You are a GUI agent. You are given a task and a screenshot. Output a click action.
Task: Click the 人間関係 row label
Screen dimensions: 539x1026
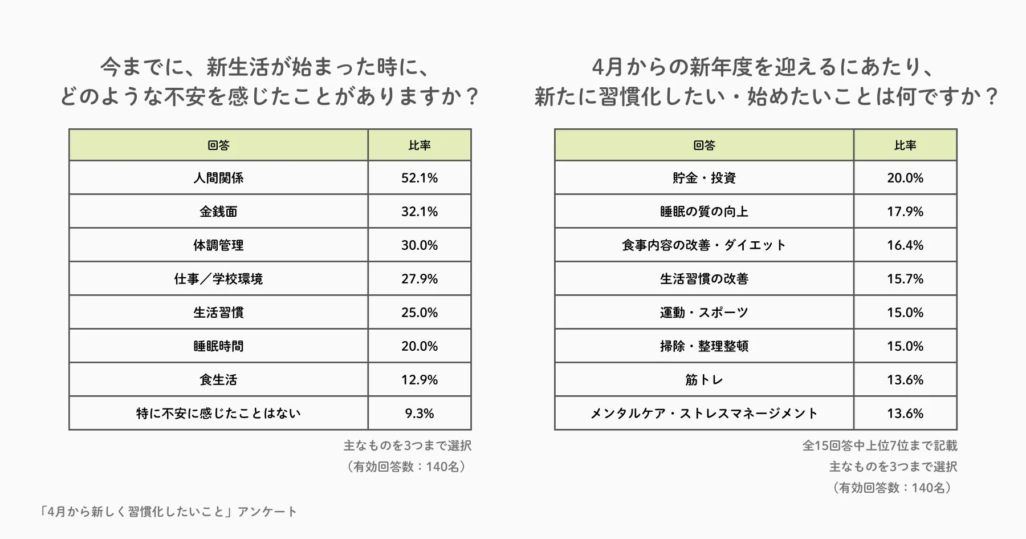point(218,178)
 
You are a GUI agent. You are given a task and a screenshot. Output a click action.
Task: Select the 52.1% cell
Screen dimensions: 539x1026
point(420,178)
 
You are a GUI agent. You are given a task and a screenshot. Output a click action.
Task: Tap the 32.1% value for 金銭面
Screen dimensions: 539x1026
point(420,212)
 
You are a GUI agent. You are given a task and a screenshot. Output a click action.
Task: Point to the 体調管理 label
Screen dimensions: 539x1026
point(218,245)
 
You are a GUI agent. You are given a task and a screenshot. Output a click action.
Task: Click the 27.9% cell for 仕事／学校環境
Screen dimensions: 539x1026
point(420,279)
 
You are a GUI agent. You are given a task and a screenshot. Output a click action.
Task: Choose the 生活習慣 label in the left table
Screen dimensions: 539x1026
point(218,313)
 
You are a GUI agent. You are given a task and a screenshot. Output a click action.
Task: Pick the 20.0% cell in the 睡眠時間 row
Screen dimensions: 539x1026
point(420,346)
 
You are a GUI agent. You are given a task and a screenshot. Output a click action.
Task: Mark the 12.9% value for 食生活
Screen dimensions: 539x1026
point(420,380)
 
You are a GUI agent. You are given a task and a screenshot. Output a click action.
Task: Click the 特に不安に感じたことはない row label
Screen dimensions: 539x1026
point(218,414)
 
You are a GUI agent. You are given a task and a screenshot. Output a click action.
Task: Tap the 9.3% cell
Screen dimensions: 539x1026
point(420,414)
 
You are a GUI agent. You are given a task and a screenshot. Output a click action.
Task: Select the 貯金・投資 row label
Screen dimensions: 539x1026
point(704,178)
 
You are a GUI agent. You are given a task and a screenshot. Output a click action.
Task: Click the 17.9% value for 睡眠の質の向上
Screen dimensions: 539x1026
point(905,212)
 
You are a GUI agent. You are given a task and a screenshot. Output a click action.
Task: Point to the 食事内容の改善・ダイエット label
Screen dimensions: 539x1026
point(704,245)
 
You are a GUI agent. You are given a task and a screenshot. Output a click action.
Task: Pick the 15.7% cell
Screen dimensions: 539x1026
point(905,279)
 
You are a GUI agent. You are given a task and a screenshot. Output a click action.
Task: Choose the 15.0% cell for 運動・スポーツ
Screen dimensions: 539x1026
point(905,313)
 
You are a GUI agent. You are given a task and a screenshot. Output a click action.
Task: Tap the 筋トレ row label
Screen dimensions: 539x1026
point(704,380)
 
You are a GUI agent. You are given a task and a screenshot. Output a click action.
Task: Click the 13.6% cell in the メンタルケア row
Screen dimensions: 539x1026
point(905,414)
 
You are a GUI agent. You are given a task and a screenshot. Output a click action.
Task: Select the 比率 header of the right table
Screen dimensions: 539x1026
point(905,145)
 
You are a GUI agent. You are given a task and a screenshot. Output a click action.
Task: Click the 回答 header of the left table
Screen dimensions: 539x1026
point(218,145)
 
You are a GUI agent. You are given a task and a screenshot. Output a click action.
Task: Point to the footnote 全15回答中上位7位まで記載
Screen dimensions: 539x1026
point(880,445)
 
